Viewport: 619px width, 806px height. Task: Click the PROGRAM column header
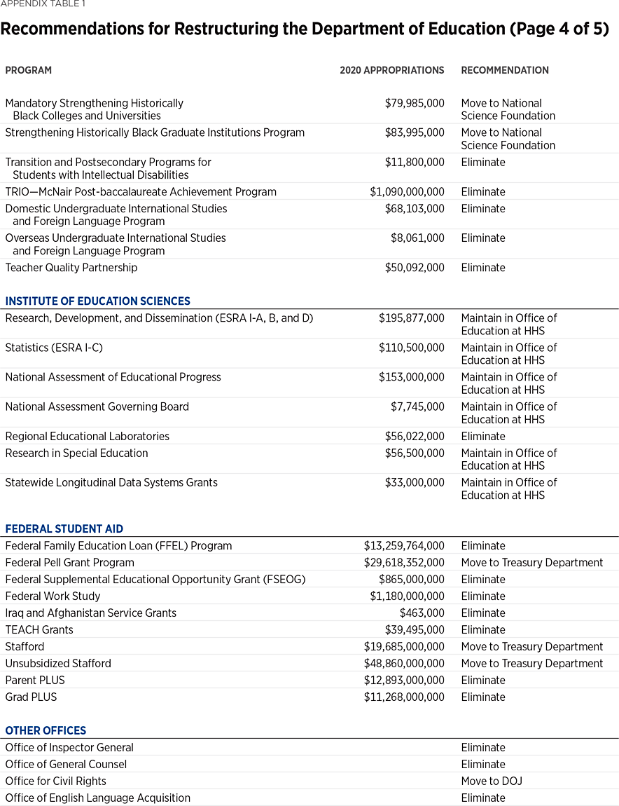click(x=29, y=70)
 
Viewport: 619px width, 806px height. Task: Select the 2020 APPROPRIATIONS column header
click(x=391, y=70)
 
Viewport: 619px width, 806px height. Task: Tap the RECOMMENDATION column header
click(x=504, y=70)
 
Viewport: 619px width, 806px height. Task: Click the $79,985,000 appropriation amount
click(x=414, y=103)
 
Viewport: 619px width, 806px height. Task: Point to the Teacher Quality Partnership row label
click(x=71, y=268)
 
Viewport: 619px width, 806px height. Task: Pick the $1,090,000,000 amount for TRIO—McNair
click(x=407, y=192)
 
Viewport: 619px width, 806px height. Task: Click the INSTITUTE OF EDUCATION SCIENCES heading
click(x=97, y=301)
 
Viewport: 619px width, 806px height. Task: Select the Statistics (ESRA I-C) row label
click(x=54, y=348)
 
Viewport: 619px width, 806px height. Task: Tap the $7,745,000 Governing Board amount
click(x=417, y=407)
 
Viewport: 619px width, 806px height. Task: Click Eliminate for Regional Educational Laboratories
click(x=482, y=436)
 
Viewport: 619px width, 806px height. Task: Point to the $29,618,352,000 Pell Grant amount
click(x=403, y=563)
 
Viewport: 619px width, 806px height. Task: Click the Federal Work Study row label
click(x=53, y=596)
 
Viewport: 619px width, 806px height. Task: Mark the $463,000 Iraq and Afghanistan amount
click(x=422, y=613)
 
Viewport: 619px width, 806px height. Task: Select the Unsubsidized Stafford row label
click(x=58, y=664)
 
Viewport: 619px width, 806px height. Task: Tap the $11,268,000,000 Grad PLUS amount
click(x=403, y=697)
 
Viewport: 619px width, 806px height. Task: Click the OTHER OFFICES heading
click(x=46, y=730)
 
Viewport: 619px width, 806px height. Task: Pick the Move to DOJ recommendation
click(x=491, y=781)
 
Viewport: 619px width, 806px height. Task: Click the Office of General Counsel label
click(x=66, y=765)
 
